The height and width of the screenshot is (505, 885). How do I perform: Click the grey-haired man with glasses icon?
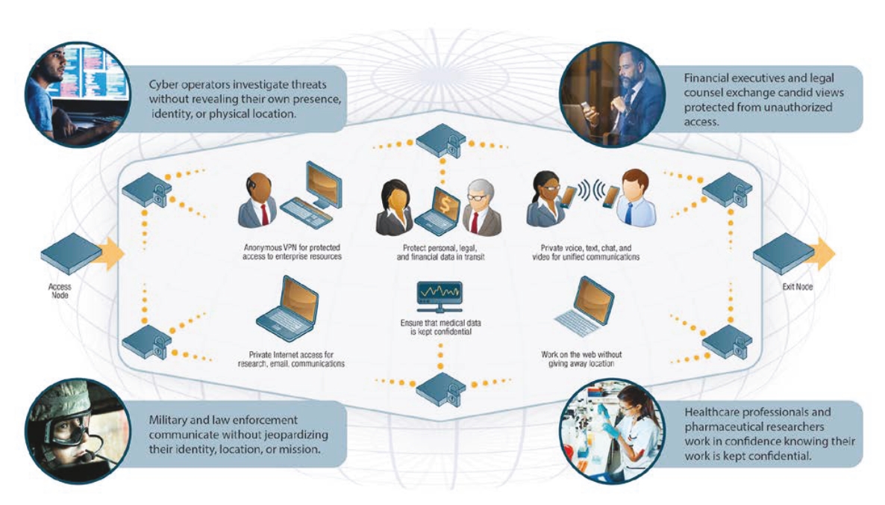coord(481,208)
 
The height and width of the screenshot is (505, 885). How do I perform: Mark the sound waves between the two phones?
coord(589,190)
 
